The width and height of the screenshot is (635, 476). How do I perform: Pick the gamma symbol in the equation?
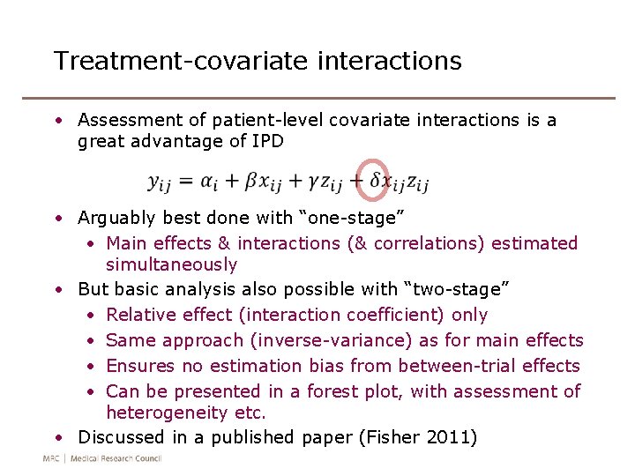313,182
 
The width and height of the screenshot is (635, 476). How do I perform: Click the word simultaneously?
171,264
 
